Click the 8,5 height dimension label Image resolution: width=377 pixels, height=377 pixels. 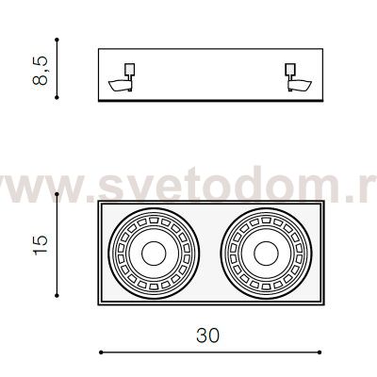[41, 71]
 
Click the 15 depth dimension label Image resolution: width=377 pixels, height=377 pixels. [41, 245]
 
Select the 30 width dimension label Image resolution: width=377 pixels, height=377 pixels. [207, 336]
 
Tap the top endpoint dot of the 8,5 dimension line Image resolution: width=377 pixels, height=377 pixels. [57, 40]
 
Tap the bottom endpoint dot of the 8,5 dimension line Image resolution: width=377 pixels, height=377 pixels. [57, 98]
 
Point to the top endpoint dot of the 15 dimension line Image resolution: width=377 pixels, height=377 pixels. [57, 194]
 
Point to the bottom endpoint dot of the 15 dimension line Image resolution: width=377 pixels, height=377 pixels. [57, 295]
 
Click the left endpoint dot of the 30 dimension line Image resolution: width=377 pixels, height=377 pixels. [101, 352]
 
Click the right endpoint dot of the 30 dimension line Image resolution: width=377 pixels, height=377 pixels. [320, 352]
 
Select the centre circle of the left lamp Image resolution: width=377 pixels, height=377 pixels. [154, 254]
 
